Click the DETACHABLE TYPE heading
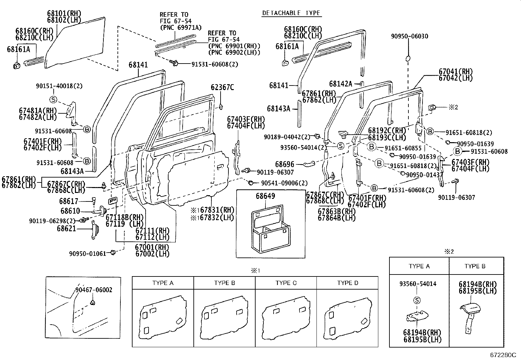click(291, 13)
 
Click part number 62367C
click(222, 87)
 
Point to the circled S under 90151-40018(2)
click(53, 99)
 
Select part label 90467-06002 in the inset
click(94, 290)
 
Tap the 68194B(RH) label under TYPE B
click(477, 285)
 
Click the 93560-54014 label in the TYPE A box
click(418, 284)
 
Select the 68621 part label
click(66, 228)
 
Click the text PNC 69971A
click(181, 27)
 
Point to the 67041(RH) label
click(456, 72)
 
